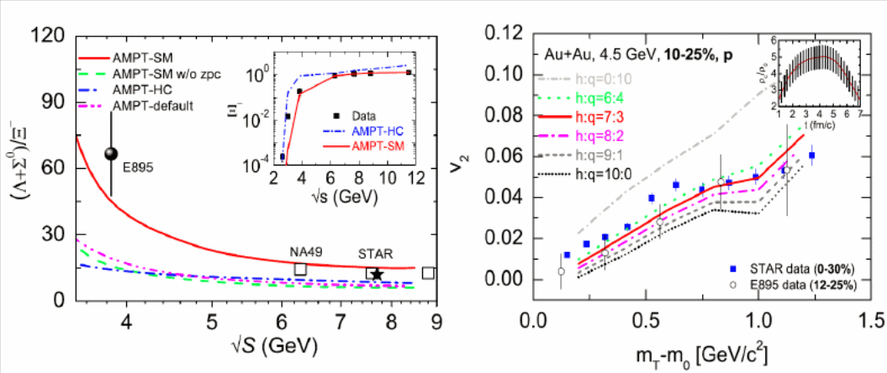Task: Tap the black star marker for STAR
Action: pos(377,274)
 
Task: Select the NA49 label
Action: pos(305,251)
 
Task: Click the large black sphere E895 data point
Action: pos(112,153)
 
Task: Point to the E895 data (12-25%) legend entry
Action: pos(794,286)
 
